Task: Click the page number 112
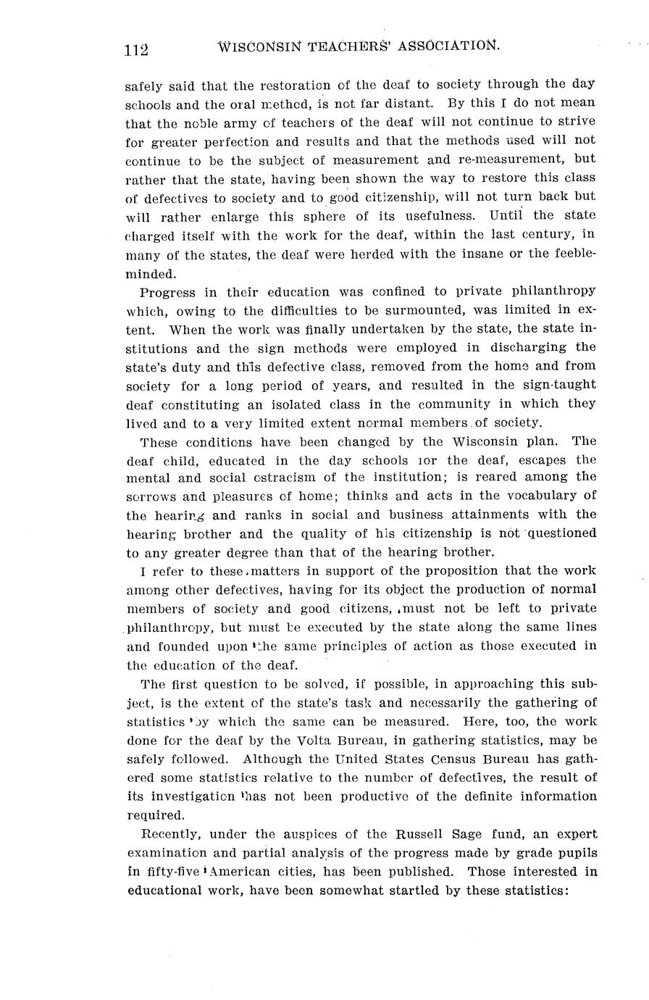click(x=136, y=49)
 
